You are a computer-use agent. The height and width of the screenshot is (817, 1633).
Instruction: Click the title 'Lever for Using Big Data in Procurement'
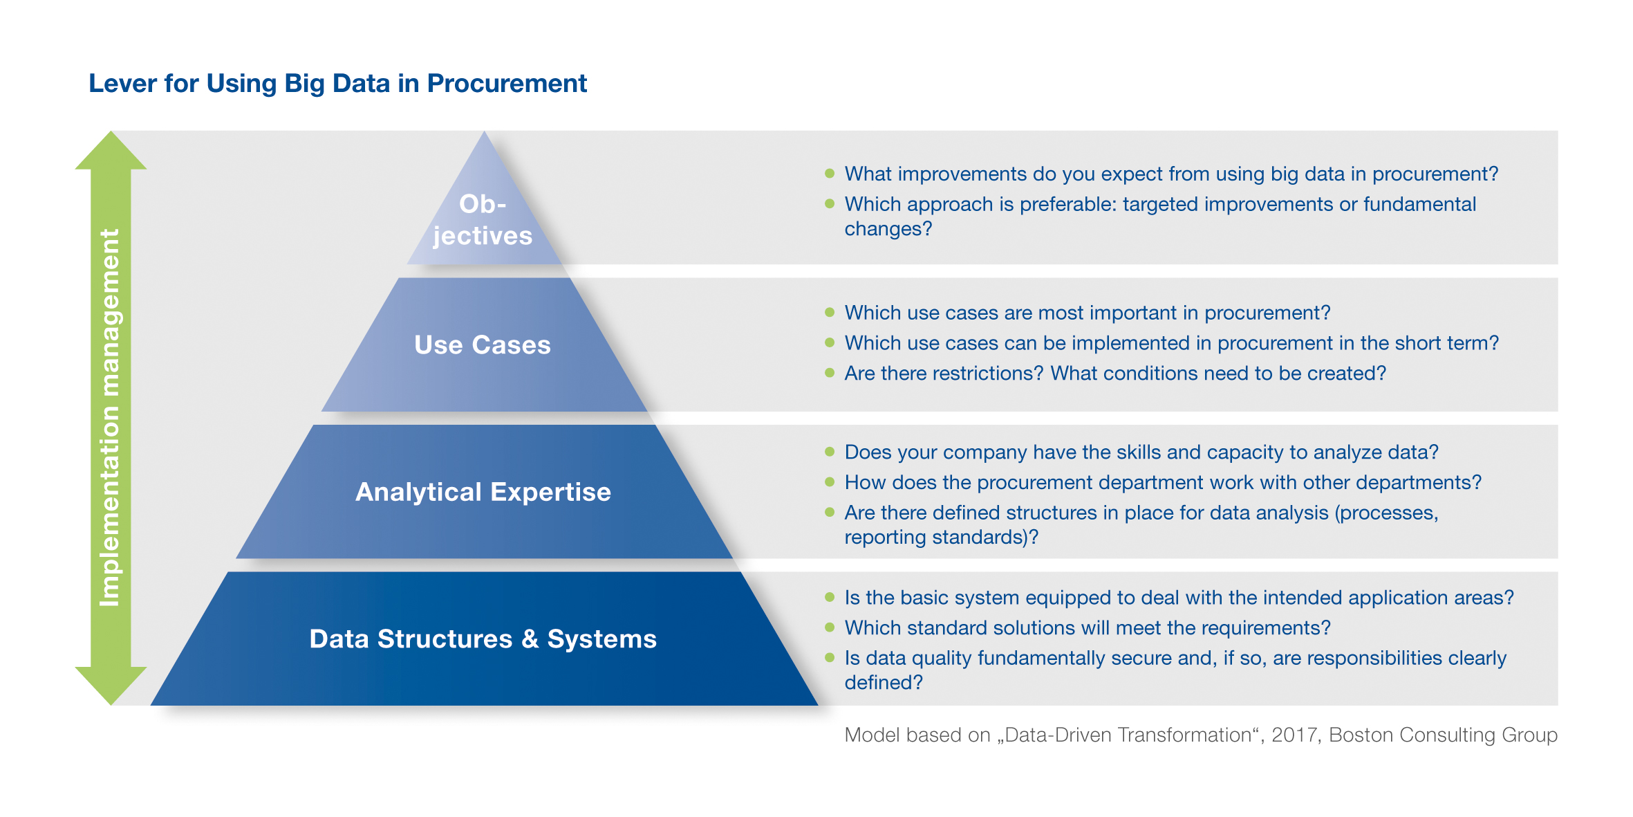pos(337,84)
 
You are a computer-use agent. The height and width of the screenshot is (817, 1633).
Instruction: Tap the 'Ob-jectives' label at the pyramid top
pos(483,219)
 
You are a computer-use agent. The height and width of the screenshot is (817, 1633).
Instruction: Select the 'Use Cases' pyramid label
pos(483,345)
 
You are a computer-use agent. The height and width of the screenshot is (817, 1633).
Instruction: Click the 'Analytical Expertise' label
pos(483,492)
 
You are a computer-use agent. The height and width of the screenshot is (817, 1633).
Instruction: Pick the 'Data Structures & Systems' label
pos(483,639)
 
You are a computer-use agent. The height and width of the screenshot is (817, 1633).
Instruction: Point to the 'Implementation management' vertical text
pos(110,418)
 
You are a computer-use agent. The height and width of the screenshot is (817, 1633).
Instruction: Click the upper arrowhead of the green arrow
pos(111,151)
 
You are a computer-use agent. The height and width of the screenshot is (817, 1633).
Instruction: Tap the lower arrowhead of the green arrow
pos(111,686)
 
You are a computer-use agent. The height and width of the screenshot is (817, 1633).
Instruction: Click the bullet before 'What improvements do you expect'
pos(830,174)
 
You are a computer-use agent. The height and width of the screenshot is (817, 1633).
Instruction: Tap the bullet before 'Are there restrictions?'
pos(830,373)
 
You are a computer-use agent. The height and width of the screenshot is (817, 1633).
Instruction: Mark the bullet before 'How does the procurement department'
pos(830,482)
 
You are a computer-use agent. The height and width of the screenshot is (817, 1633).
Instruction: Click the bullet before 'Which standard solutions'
pos(830,627)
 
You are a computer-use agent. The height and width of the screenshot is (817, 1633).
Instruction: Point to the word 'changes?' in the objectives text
pos(888,229)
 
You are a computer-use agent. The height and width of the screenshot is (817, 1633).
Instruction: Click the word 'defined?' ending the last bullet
pos(884,683)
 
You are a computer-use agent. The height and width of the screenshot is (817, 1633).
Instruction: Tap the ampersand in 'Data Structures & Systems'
pos(530,639)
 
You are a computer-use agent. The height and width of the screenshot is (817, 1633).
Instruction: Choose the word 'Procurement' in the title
pos(507,84)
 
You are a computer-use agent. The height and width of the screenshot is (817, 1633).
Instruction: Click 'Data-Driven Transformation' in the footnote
pos(1128,735)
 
